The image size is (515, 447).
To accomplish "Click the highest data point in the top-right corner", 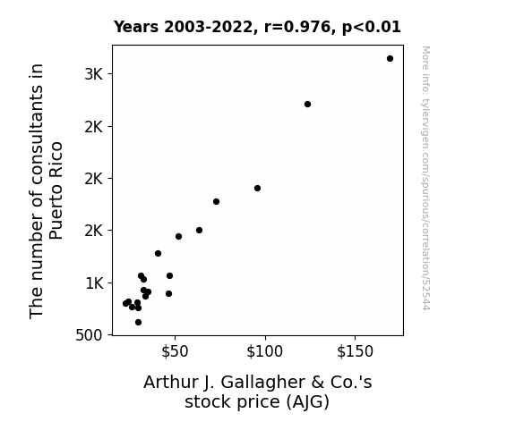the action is (390, 59).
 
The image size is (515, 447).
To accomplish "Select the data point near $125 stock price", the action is (307, 105).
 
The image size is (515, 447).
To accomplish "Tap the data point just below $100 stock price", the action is (258, 189).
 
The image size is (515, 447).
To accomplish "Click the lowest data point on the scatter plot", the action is (138, 323).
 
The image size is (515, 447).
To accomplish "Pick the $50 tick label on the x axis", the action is (175, 351).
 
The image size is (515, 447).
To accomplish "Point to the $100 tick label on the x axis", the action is (265, 351).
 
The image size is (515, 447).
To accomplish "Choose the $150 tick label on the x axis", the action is (355, 351).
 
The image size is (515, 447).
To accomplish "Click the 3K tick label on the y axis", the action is (94, 74).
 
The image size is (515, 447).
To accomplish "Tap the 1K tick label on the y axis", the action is (94, 283).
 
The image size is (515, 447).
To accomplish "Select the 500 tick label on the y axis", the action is (89, 335).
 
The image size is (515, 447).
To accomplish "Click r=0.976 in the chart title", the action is (297, 27).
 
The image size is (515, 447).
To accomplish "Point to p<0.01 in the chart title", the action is (372, 28).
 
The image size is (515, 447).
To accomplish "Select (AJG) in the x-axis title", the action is (307, 402).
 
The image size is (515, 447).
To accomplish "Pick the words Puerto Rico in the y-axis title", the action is (56, 190).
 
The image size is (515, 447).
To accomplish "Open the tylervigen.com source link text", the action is (425, 178).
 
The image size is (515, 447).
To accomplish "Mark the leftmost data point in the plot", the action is (125, 303).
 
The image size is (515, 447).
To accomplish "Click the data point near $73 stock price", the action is (216, 202).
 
